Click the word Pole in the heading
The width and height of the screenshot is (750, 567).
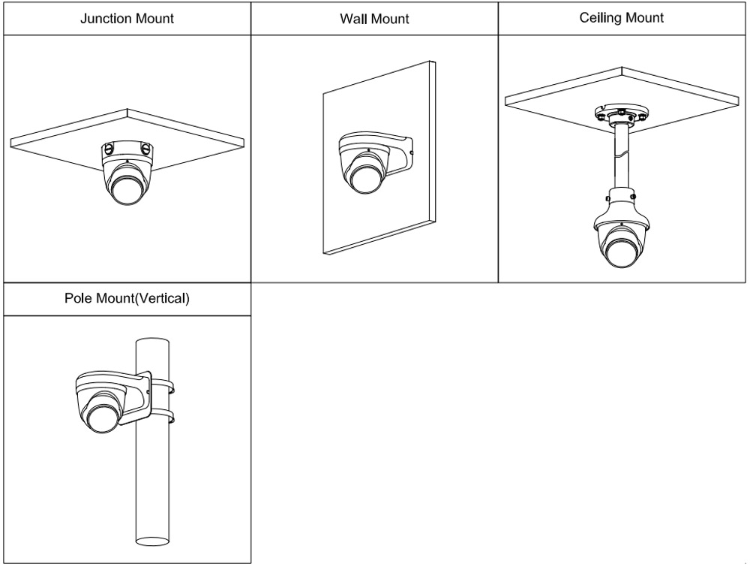[x=78, y=298]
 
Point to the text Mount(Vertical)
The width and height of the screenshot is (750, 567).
[x=142, y=298]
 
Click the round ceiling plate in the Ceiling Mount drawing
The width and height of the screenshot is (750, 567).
[x=621, y=115]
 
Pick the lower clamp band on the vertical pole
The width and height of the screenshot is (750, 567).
[x=167, y=415]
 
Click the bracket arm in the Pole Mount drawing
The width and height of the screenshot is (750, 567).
[x=135, y=391]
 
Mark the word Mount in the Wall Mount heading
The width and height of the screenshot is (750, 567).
[x=389, y=18]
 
